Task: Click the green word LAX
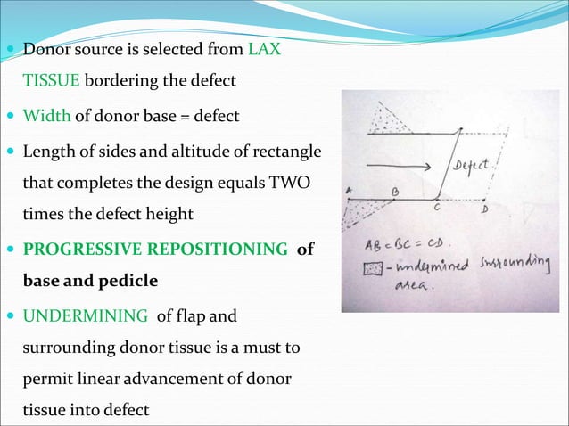click(x=265, y=49)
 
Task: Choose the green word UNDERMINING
click(x=85, y=315)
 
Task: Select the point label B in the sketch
click(x=394, y=190)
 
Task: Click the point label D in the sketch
click(x=484, y=211)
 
